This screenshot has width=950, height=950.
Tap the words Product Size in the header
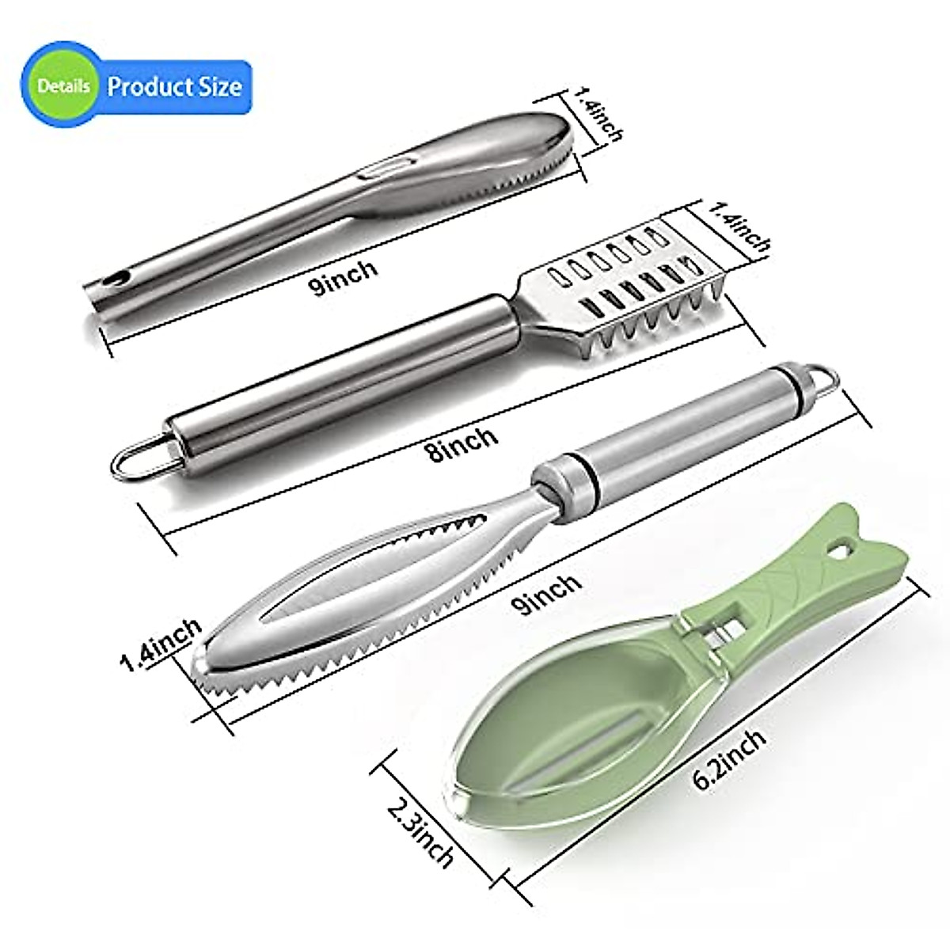click(x=174, y=85)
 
